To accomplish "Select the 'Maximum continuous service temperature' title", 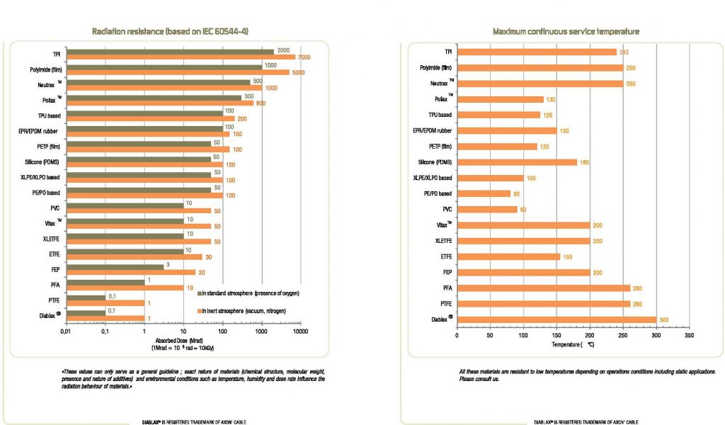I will [x=566, y=31].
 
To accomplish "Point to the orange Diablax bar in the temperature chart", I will [x=556, y=319].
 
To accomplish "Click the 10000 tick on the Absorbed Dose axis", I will [x=300, y=330].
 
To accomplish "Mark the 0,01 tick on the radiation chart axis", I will [x=64, y=330].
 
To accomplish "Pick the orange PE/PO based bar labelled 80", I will [x=483, y=193].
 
